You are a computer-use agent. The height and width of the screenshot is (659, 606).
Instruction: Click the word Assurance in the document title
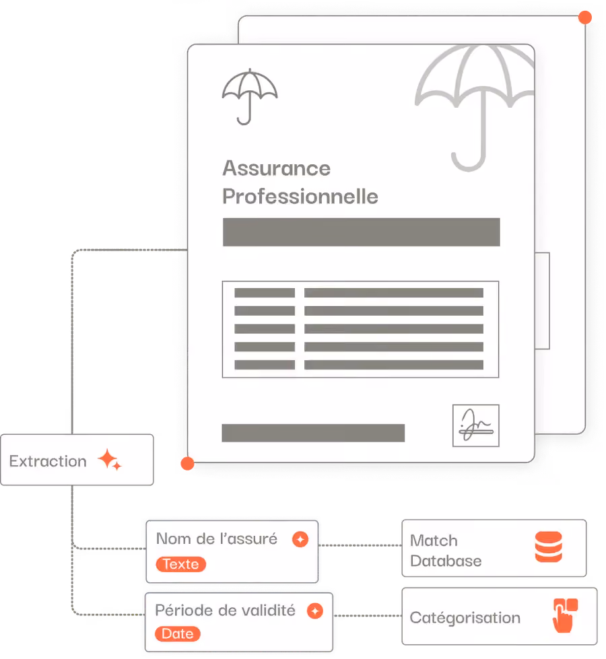tap(276, 168)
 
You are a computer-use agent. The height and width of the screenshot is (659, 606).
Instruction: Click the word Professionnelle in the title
tap(300, 197)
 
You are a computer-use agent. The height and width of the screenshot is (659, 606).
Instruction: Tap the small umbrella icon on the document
tap(250, 97)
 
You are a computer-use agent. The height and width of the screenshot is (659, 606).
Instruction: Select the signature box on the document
tap(475, 425)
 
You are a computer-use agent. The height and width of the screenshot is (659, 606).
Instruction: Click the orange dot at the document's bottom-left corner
tap(187, 464)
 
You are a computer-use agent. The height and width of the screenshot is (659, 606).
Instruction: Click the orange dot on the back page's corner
tap(585, 18)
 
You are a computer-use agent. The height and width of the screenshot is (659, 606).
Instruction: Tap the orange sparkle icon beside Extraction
tap(110, 459)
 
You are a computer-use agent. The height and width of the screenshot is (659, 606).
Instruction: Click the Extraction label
tap(48, 461)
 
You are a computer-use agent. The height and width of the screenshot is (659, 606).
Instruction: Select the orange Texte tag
tap(181, 564)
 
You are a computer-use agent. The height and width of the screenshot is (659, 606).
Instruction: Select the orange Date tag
tap(178, 634)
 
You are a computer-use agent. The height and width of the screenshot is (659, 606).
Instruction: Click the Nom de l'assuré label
tap(217, 539)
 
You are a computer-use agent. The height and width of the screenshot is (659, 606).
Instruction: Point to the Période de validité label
tap(225, 610)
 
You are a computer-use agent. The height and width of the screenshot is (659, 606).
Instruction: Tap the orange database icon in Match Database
tap(548, 547)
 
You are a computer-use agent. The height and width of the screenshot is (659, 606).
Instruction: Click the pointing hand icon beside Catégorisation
tap(565, 615)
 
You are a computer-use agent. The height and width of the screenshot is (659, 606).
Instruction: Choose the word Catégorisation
tap(465, 618)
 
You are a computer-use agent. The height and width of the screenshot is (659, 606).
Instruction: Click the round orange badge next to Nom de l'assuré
tap(300, 539)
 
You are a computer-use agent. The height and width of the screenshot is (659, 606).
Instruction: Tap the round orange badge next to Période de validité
tap(315, 611)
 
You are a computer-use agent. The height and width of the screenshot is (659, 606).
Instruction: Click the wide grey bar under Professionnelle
tap(362, 232)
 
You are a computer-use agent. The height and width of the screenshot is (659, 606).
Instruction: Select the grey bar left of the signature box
tap(313, 433)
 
